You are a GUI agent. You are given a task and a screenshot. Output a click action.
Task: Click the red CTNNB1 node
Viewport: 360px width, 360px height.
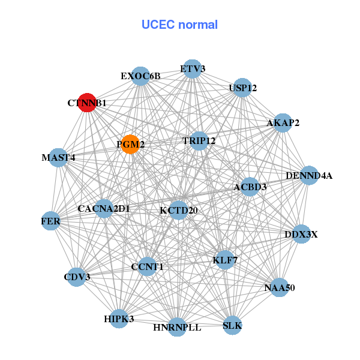pos(88,103)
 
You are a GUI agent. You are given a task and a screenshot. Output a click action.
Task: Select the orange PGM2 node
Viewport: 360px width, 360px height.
pos(130,144)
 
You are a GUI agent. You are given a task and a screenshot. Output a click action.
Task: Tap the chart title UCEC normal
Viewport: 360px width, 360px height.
pos(179,25)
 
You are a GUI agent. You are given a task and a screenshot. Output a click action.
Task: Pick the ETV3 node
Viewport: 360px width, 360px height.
pos(192,68)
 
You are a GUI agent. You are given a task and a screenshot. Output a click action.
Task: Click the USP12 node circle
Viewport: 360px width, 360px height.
pos(242,88)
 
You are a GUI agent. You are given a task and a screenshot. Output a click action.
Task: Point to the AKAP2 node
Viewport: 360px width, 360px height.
pos(282,123)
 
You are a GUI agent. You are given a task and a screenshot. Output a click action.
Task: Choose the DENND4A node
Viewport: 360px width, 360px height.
pos(308,176)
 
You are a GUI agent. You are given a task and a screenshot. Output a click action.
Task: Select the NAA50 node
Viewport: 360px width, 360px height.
pos(279,287)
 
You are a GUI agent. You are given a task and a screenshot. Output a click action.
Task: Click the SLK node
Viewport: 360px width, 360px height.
pos(232,326)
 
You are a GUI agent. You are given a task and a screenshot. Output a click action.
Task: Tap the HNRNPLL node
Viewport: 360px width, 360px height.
pos(176,327)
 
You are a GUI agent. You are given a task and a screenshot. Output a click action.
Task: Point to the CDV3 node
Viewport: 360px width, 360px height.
pos(76,277)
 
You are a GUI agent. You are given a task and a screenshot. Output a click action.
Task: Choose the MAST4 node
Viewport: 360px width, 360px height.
pos(58,158)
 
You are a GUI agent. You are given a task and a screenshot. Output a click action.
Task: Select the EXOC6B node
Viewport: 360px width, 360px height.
pos(140,76)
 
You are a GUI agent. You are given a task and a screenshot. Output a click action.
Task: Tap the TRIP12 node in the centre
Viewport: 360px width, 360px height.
pos(199,141)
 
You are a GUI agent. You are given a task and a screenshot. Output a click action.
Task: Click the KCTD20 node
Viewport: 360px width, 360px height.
pos(178,210)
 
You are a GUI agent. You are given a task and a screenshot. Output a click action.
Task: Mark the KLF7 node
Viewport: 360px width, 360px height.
pos(224,260)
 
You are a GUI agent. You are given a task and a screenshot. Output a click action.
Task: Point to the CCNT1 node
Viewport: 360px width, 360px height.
pos(148,266)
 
